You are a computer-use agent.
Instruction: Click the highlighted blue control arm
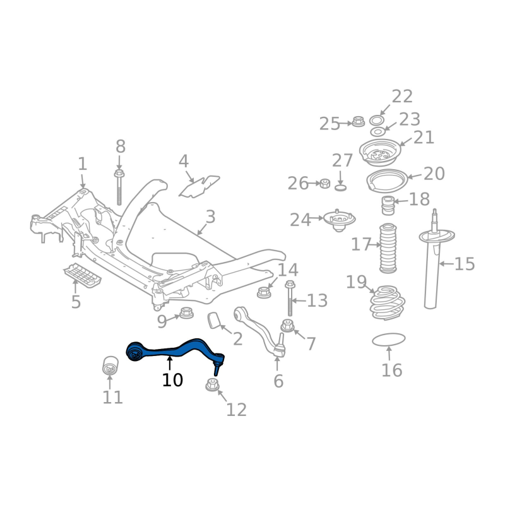pyautogui.click(x=174, y=348)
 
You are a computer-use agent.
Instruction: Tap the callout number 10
pyautogui.click(x=172, y=380)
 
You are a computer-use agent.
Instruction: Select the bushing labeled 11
pyautogui.click(x=110, y=365)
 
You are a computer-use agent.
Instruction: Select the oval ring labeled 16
pyautogui.click(x=388, y=340)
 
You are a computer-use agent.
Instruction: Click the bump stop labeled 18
pyautogui.click(x=387, y=206)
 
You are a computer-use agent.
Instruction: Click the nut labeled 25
pyautogui.click(x=358, y=121)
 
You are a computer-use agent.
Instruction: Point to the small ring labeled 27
pyautogui.click(x=340, y=187)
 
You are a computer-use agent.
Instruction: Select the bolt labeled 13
pyautogui.click(x=290, y=300)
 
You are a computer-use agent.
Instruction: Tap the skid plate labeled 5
pyautogui.click(x=82, y=276)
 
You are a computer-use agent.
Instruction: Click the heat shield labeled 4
pyautogui.click(x=199, y=186)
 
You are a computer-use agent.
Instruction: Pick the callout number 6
pyautogui.click(x=278, y=381)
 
